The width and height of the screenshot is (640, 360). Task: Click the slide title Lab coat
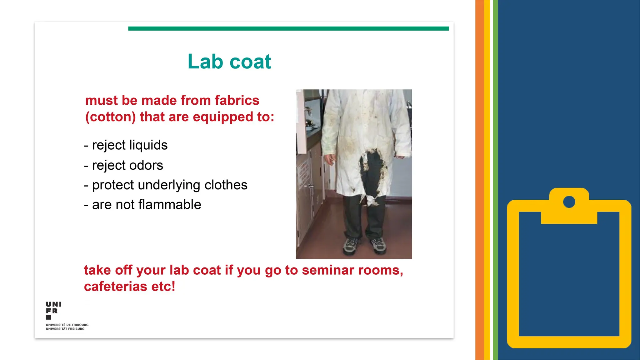pos(229,62)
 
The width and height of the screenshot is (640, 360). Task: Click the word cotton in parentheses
pos(111,117)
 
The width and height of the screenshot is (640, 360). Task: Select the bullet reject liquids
pos(126,145)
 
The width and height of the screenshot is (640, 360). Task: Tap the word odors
pos(146,165)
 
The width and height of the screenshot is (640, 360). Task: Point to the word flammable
pos(169,205)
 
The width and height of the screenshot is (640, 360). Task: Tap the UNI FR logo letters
pos(53,308)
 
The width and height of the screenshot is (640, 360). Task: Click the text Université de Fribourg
pos(67,325)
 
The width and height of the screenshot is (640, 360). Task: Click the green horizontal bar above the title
pos(288,28)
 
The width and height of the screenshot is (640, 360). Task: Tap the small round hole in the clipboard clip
pos(569,202)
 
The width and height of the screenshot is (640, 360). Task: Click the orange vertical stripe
pos(479,180)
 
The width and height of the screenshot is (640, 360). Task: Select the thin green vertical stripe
pos(495,180)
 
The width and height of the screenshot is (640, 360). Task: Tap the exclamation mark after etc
pos(173,287)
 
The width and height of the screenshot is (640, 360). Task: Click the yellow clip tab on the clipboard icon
pos(569,216)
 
